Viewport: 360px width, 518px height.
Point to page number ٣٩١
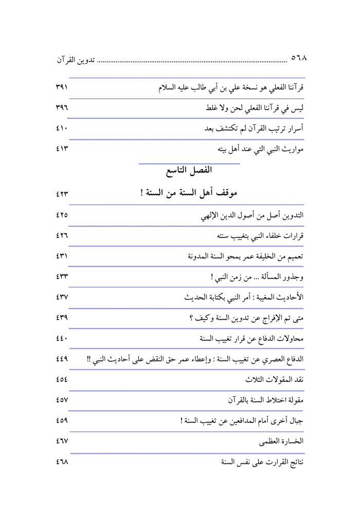(x=61, y=88)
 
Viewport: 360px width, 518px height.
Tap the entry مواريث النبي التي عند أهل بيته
(x=261, y=150)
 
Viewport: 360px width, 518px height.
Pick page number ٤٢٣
(x=61, y=194)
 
